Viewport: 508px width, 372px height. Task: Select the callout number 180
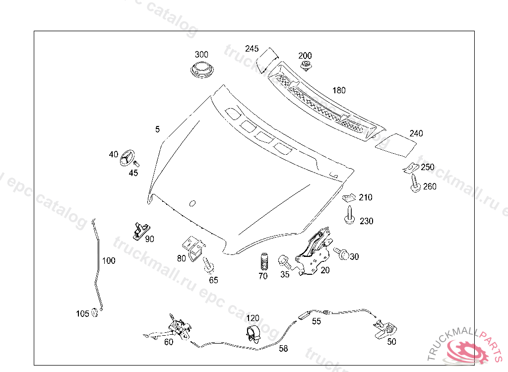[x=339, y=90]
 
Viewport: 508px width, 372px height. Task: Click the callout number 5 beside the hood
[x=157, y=129]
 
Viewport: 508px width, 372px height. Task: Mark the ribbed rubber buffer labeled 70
[x=263, y=261]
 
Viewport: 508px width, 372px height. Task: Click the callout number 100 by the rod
[x=109, y=260]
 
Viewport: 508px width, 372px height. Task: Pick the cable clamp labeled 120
[x=254, y=334]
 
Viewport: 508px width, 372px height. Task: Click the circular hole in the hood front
[x=192, y=202]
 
